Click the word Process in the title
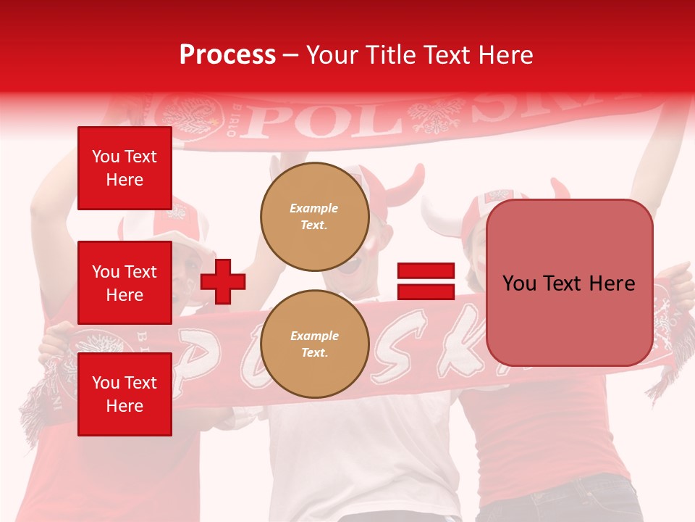coord(227,55)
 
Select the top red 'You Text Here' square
coord(125,168)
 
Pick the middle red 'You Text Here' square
coord(125,283)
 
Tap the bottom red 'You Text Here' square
coord(125,394)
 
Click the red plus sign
coord(223,281)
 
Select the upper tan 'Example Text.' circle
coord(314,216)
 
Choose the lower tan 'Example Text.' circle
coord(314,344)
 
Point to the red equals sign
coord(426,281)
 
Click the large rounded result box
coord(569,283)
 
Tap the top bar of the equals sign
coord(426,271)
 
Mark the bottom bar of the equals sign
coord(426,291)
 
